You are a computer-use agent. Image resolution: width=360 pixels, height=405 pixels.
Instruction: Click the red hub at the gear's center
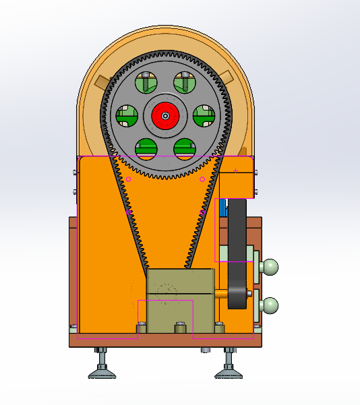coord(165,115)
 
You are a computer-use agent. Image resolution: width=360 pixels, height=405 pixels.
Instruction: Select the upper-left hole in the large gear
coord(146,83)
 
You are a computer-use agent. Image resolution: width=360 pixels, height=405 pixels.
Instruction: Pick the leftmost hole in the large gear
coord(126,115)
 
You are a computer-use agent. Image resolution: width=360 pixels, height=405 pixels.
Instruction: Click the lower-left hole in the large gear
coord(146,148)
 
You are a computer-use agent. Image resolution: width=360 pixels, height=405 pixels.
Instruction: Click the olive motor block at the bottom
coord(180,300)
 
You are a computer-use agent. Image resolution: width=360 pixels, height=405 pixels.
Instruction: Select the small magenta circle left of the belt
coord(129,179)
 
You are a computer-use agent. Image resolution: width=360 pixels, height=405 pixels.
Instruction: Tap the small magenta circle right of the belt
coord(202,179)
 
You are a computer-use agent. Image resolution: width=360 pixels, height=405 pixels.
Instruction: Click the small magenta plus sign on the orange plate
coord(235,170)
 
